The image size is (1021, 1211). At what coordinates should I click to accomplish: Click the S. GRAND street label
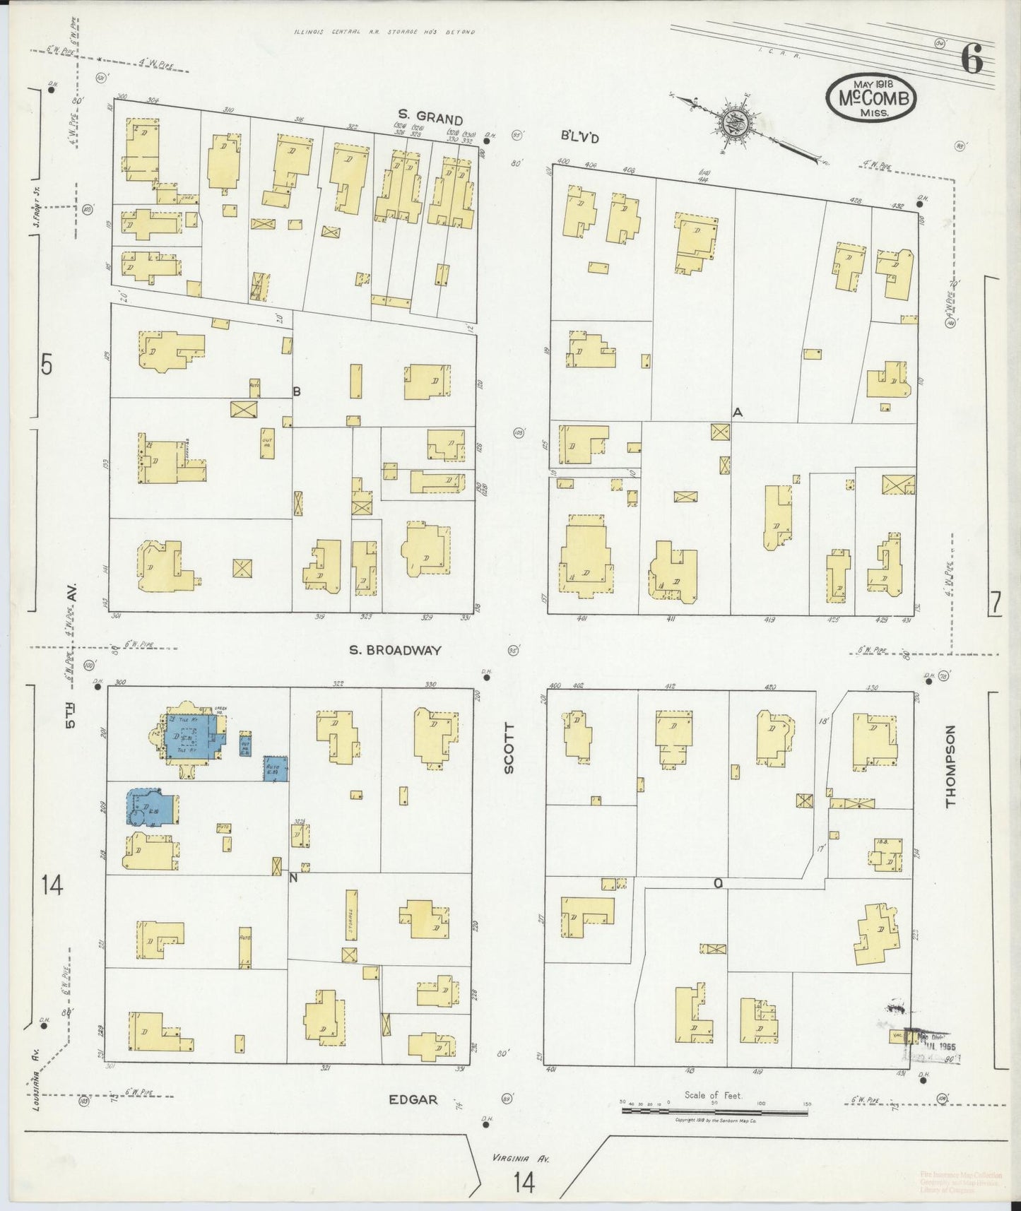(x=430, y=119)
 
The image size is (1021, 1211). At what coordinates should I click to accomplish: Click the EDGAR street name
(x=413, y=1119)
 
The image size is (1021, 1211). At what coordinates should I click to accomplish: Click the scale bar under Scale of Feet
(x=714, y=1111)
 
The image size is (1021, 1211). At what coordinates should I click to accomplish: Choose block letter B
(x=297, y=391)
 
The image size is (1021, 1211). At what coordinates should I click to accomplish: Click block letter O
(x=717, y=882)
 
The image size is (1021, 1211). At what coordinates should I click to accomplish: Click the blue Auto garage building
(x=275, y=769)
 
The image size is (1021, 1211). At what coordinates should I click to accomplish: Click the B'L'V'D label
(x=585, y=138)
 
